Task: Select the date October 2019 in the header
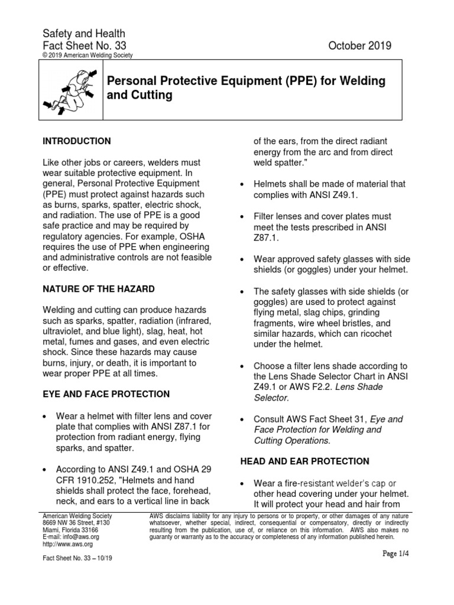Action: point(363,46)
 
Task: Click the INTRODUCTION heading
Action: point(77,141)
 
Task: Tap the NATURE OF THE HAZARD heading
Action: point(99,289)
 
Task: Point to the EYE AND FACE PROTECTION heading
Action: point(106,394)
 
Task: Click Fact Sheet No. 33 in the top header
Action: point(84,46)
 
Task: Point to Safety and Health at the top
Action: point(83,34)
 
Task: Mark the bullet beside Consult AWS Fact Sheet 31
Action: point(241,419)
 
